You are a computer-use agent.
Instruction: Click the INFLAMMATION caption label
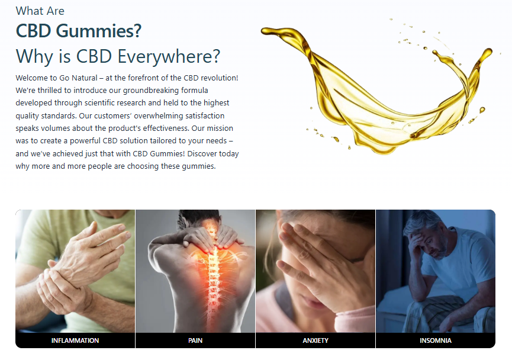[75, 340]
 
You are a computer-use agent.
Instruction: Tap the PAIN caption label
[195, 340]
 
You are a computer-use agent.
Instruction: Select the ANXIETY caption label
[315, 340]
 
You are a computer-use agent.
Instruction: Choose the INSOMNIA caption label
[436, 340]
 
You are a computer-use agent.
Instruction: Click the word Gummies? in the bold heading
[99, 31]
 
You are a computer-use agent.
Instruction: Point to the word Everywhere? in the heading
[169, 56]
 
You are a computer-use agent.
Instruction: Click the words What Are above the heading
[40, 11]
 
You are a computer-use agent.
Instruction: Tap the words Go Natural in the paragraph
[78, 78]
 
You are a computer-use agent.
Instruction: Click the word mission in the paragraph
[220, 128]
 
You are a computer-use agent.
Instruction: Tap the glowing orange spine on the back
[213, 271]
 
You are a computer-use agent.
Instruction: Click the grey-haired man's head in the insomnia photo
[424, 233]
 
